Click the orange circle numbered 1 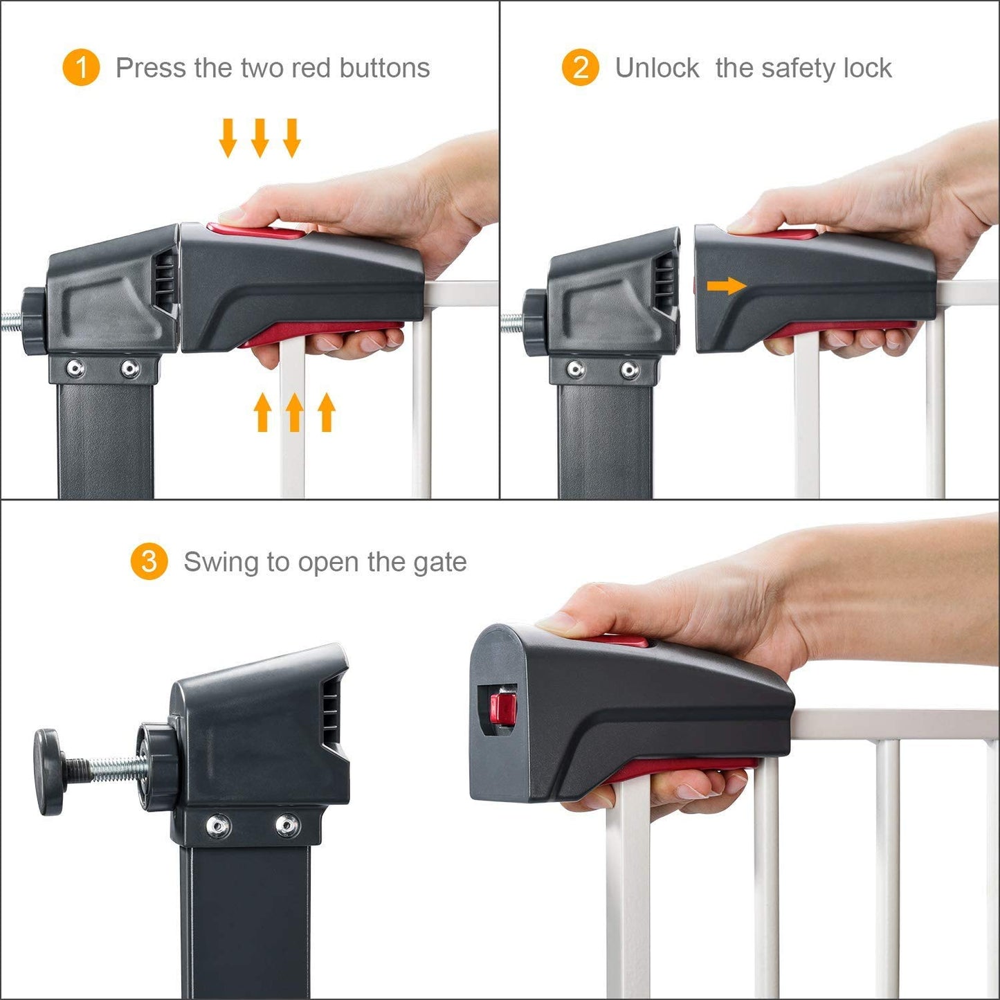[x=81, y=67]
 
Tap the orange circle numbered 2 [x=580, y=67]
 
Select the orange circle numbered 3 [x=149, y=561]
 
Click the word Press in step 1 [x=150, y=68]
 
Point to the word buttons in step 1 [x=385, y=68]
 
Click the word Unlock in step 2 [x=657, y=68]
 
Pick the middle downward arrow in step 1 [x=260, y=138]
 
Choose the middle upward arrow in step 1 [x=294, y=412]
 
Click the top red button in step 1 [x=257, y=230]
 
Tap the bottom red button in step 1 [x=322, y=333]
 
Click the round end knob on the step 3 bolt [x=48, y=772]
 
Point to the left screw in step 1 [x=75, y=369]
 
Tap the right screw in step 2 [x=630, y=370]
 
